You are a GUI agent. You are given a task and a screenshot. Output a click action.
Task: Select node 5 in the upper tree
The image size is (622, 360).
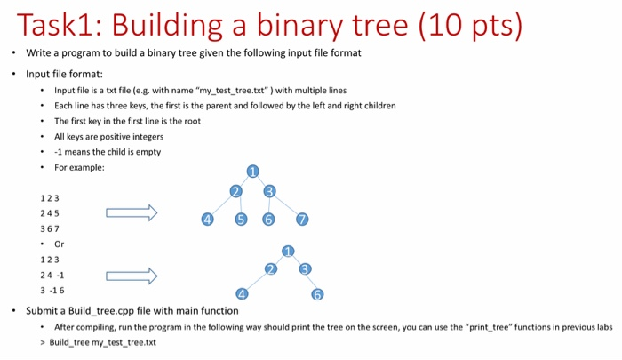coord(241,220)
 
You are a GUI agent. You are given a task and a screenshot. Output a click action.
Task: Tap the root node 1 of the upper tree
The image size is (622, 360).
coord(253,172)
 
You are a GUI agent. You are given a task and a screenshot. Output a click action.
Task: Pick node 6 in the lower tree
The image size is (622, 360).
coord(317,295)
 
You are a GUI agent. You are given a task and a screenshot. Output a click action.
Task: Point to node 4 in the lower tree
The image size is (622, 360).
coord(242,294)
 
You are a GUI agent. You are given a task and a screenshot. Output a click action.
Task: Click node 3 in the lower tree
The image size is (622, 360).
coord(306,269)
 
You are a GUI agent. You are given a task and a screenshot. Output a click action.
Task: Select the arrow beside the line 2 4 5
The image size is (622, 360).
coord(131,213)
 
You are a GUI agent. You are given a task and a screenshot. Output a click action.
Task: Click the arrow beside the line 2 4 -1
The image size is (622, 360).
coord(131,276)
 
